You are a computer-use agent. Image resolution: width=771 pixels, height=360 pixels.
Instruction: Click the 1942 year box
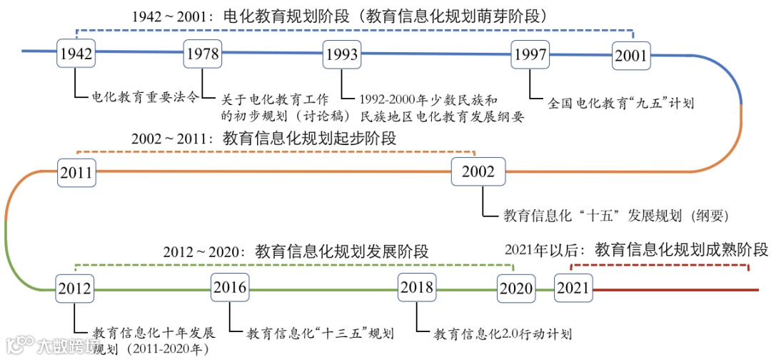pos(76,54)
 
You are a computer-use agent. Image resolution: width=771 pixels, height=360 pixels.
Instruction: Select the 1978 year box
pos(202,54)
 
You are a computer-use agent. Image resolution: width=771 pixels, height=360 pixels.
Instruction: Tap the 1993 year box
pos(341,54)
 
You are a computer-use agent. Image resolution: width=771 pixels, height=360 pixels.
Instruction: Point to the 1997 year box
pos(530,54)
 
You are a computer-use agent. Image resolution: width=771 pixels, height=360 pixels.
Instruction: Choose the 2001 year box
pos(630,56)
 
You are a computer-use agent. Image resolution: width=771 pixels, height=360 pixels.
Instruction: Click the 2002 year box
pos(478,171)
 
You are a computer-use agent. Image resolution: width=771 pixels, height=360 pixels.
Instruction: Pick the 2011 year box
pos(76,171)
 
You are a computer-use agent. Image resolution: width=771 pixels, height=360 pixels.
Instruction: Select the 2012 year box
pos(76,289)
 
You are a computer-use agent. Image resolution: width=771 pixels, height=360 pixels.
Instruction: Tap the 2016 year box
pos(230,288)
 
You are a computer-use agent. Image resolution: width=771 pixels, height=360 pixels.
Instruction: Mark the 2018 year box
pos(417,288)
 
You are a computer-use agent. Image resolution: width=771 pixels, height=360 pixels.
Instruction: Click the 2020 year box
pos(515,289)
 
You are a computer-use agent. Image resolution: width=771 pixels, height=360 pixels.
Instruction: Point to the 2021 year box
pos(573,289)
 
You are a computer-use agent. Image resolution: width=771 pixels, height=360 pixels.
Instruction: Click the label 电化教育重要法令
pos(145,98)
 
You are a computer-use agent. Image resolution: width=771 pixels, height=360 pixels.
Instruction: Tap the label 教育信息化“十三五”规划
pos(321,333)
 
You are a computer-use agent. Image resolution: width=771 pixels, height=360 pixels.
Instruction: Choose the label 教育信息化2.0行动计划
pos(503,333)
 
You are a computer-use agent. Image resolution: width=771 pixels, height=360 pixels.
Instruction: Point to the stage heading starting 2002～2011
pos(263,139)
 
